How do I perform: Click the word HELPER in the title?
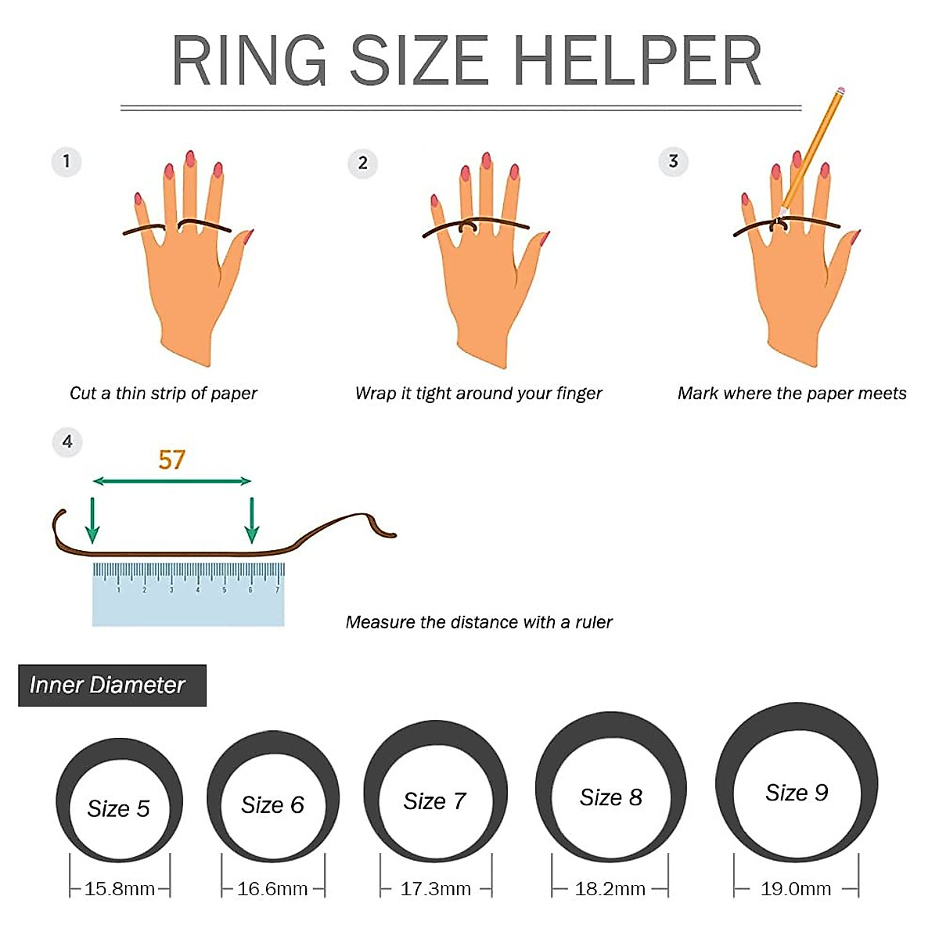pos(637,61)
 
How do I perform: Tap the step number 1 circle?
pos(67,162)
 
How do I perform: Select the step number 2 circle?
pos(362,163)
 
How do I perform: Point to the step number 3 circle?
pos(673,162)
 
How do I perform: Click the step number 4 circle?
pos(67,442)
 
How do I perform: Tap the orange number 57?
pos(171,459)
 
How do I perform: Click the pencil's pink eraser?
pos(840,92)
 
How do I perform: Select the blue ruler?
pos(188,595)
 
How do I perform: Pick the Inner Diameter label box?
pos(112,685)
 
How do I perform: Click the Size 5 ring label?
pos(118,808)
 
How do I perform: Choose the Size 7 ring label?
pos(434,801)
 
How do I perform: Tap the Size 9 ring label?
pos(796,793)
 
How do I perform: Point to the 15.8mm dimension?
pos(119,889)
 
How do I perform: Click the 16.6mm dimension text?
pos(272,889)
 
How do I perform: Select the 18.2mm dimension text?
pos(610,889)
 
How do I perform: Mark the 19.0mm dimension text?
pos(795,889)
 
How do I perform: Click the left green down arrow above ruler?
pos(92,520)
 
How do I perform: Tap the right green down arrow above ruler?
pos(251,520)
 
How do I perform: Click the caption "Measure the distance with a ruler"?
pos(478,622)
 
